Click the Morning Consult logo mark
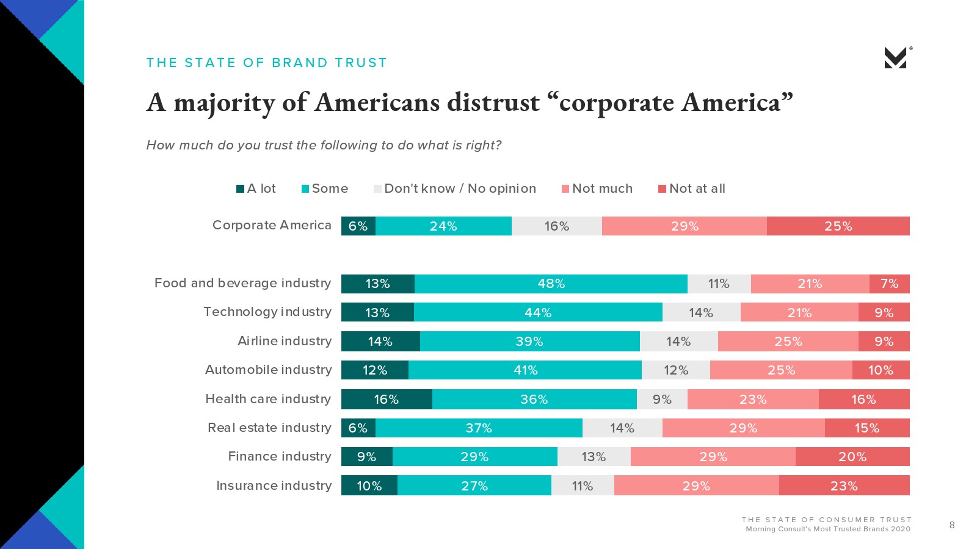tap(896, 58)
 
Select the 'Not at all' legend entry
tap(691, 188)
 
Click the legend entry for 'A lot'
tap(256, 188)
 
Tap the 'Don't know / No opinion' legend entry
tap(454, 188)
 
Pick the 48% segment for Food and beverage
tap(551, 284)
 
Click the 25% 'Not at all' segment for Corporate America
tap(838, 226)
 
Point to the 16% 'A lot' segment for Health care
tap(386, 400)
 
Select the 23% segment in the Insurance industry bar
tap(844, 486)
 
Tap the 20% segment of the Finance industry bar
tap(852, 457)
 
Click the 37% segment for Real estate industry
tap(479, 428)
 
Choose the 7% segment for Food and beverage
tap(889, 284)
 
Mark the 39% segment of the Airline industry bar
tap(529, 342)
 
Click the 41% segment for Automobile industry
tap(525, 370)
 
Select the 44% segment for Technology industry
tap(538, 313)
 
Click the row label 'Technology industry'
tap(267, 312)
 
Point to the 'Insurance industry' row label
tap(274, 486)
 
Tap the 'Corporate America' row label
tap(272, 225)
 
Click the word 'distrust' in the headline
tap(493, 102)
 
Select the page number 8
tap(952, 525)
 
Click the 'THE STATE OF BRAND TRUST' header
tap(266, 63)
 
